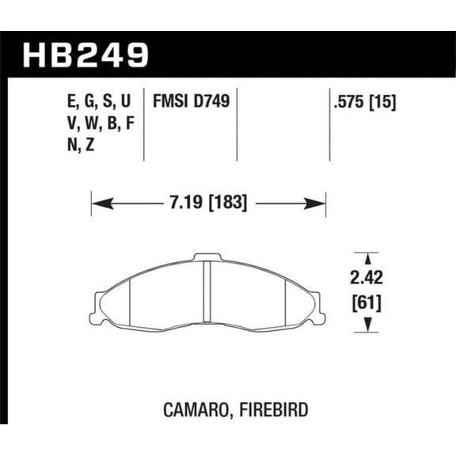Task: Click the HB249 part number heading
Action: (87, 55)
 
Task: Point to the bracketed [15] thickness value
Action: (382, 102)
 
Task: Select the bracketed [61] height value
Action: (365, 302)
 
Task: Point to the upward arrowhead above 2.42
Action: (366, 257)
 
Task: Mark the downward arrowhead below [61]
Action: (366, 327)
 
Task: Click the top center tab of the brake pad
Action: (207, 256)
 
